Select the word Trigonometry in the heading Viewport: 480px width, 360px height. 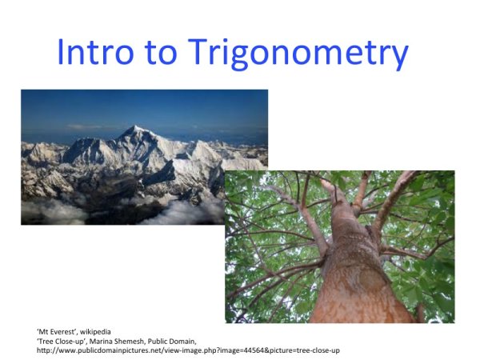pyautogui.click(x=300, y=53)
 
